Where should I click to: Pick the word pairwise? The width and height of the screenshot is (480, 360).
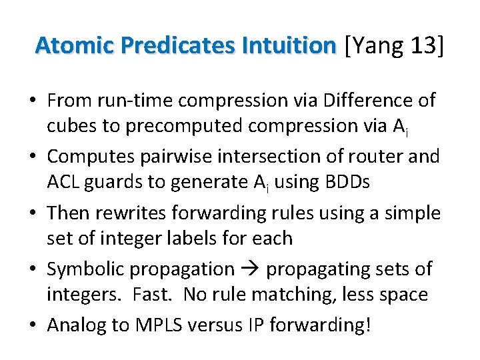(x=193, y=157)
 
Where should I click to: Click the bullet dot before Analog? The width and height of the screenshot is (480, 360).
(x=32, y=325)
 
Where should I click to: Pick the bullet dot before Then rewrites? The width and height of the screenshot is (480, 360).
(x=32, y=213)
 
